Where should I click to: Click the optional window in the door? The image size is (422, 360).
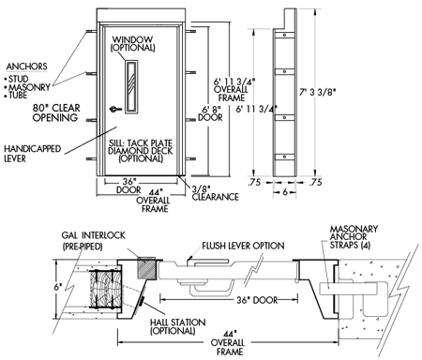coord(131,86)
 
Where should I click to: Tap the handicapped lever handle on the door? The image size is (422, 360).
coord(114,109)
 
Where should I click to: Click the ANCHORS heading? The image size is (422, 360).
coord(26,67)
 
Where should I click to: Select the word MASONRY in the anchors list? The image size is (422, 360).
coord(29,87)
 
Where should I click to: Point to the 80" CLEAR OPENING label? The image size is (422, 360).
coord(56,112)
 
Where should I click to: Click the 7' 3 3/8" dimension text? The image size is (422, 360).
coord(318,93)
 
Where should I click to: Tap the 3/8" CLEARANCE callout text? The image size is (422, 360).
coord(215,193)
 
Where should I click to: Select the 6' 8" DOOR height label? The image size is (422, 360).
coord(211,113)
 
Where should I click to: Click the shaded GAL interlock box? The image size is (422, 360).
coord(146,268)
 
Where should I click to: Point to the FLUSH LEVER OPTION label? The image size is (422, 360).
coord(243,246)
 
